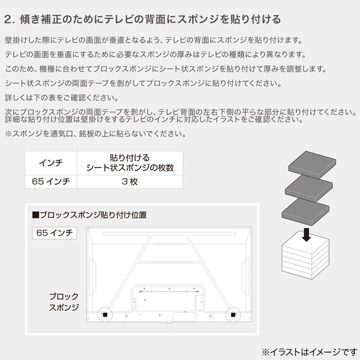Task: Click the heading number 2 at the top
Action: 8,18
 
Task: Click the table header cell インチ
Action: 51,162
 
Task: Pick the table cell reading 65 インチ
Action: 51,181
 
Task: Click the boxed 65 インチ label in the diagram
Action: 54,233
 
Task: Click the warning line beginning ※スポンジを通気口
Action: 95,133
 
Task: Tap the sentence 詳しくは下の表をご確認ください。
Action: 61,97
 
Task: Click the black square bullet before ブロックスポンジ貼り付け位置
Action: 35,215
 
